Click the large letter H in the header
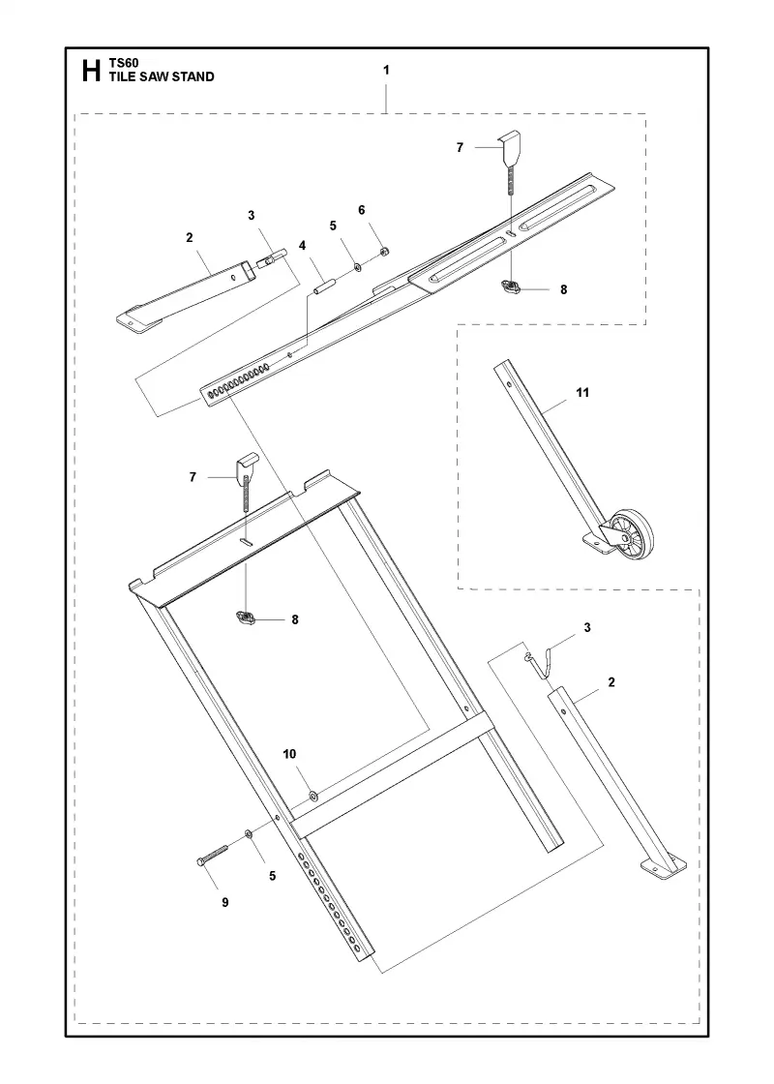point(91,71)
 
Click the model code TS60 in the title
point(124,63)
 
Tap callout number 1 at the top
point(386,70)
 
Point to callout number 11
point(582,393)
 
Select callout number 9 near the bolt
point(225,902)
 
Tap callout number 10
point(289,753)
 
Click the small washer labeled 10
point(313,797)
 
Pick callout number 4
point(302,246)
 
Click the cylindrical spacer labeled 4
point(325,286)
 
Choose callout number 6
point(362,210)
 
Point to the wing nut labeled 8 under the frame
point(246,617)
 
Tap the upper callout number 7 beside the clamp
point(461,147)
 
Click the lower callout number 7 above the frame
point(193,477)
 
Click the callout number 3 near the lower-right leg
point(587,628)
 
